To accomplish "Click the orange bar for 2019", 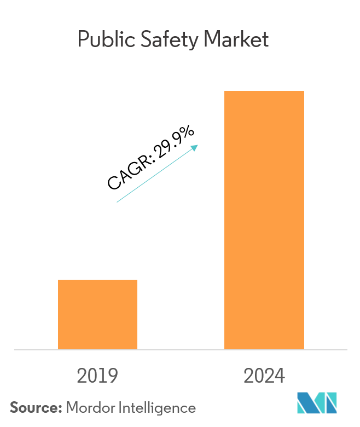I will pos(97,314).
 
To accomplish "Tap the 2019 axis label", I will pos(97,376).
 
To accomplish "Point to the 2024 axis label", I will pos(264,376).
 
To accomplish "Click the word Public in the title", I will pos(102,40).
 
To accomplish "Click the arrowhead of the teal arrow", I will pos(195,147).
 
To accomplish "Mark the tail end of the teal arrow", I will pos(118,202).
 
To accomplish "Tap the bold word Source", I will pos(34,407).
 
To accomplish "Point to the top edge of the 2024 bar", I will pos(264,91).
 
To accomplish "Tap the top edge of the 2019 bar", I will pos(97,280).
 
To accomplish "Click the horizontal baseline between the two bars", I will pos(181,349).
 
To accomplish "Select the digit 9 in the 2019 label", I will pos(113,376).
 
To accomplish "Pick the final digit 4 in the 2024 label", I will pos(280,376).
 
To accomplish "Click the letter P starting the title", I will pos(83,40).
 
